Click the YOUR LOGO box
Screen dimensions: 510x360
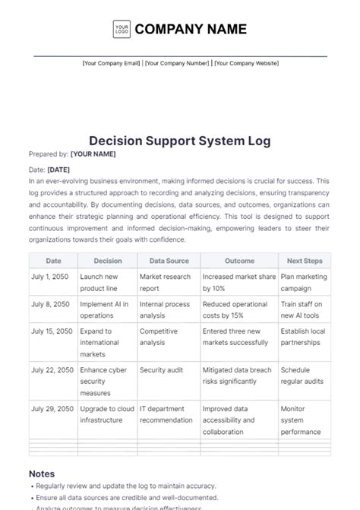pyautogui.click(x=122, y=30)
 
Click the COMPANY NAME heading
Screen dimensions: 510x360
pyautogui.click(x=191, y=30)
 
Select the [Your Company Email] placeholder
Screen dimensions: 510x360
pyautogui.click(x=111, y=64)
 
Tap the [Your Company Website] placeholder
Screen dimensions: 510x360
pyautogui.click(x=246, y=64)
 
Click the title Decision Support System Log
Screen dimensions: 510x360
pyautogui.click(x=180, y=141)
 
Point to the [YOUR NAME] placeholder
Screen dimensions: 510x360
pyautogui.click(x=93, y=154)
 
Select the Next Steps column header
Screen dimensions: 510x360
pyautogui.click(x=305, y=261)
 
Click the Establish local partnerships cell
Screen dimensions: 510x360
pyautogui.click(x=304, y=337)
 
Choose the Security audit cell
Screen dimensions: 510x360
pyautogui.click(x=162, y=369)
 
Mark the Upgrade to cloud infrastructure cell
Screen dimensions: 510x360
pyautogui.click(x=106, y=414)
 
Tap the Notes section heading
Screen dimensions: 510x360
pyautogui.click(x=42, y=473)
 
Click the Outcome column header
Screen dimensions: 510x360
pyautogui.click(x=238, y=261)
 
